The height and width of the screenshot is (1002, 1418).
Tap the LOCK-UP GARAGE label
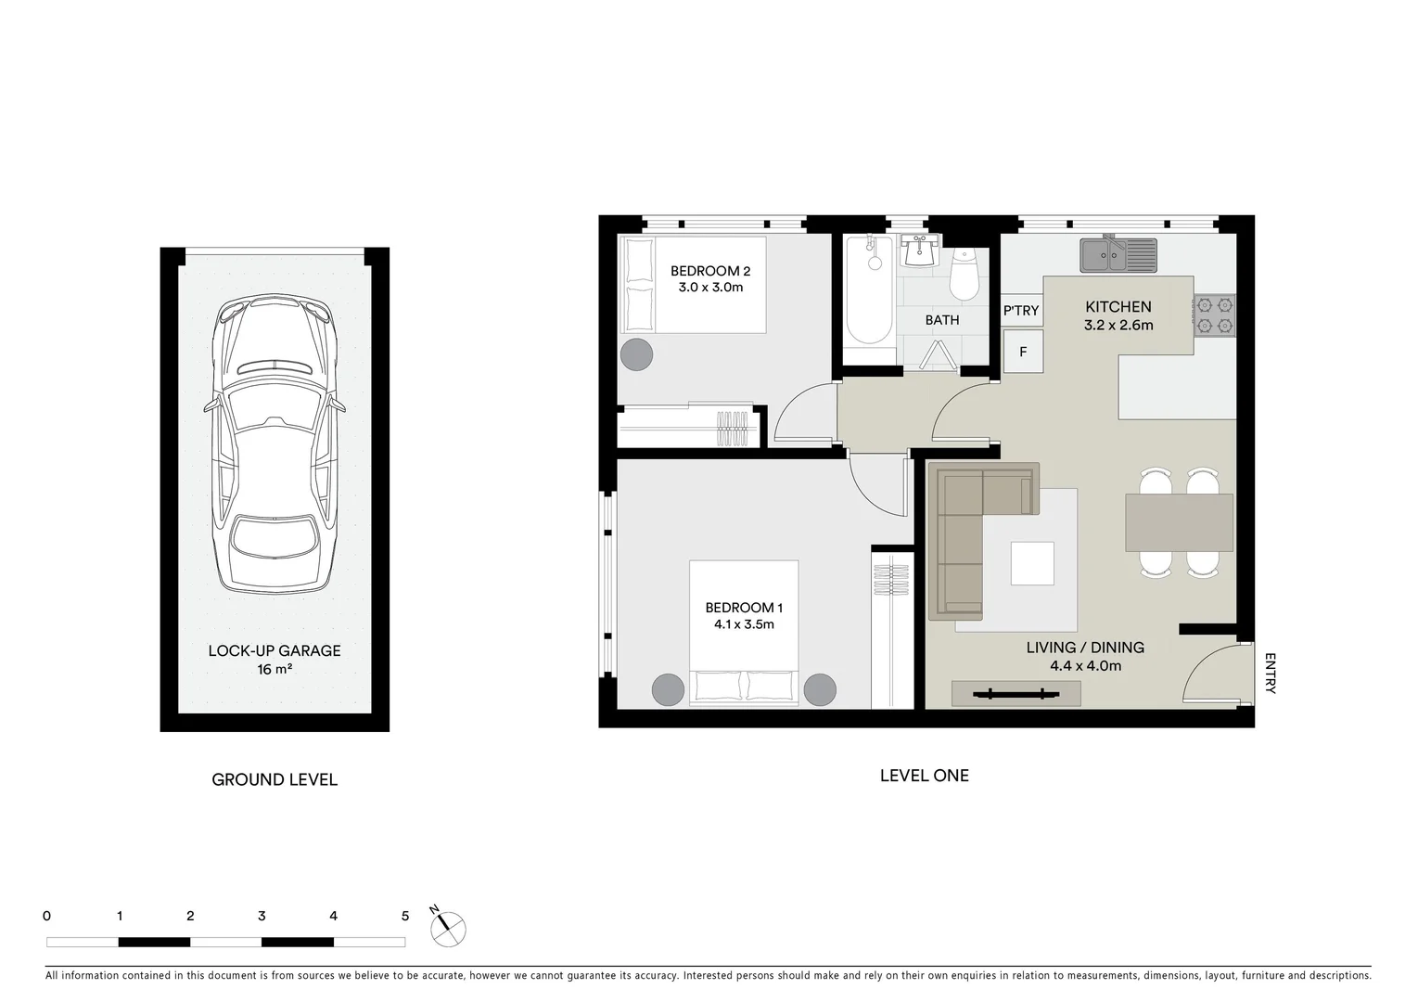coord(275,650)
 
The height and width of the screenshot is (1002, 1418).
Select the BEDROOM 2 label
coord(710,271)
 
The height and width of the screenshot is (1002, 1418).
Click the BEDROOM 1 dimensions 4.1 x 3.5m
coord(744,624)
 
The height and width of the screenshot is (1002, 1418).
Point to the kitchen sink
coord(1118,254)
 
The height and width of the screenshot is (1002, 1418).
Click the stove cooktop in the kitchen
coord(1214,315)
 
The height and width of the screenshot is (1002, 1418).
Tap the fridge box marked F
coord(1023,353)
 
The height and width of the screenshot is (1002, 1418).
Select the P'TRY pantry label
coord(1021,311)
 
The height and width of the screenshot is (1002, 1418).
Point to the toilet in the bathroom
coord(964,275)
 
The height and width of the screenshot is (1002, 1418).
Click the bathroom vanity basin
coord(921,250)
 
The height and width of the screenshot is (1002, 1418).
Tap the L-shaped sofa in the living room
coord(964,538)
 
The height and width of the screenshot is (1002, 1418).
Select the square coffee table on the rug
coord(1031,563)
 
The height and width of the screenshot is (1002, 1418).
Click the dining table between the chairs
coord(1179,522)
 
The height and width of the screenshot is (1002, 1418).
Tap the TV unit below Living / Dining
coord(1016,693)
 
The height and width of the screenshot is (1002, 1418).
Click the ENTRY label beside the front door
coord(1270,674)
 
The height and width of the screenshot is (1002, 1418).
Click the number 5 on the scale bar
coord(404,916)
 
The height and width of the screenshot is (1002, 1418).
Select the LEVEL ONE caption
coord(924,776)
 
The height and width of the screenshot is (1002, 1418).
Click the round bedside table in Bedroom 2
coord(636,353)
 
